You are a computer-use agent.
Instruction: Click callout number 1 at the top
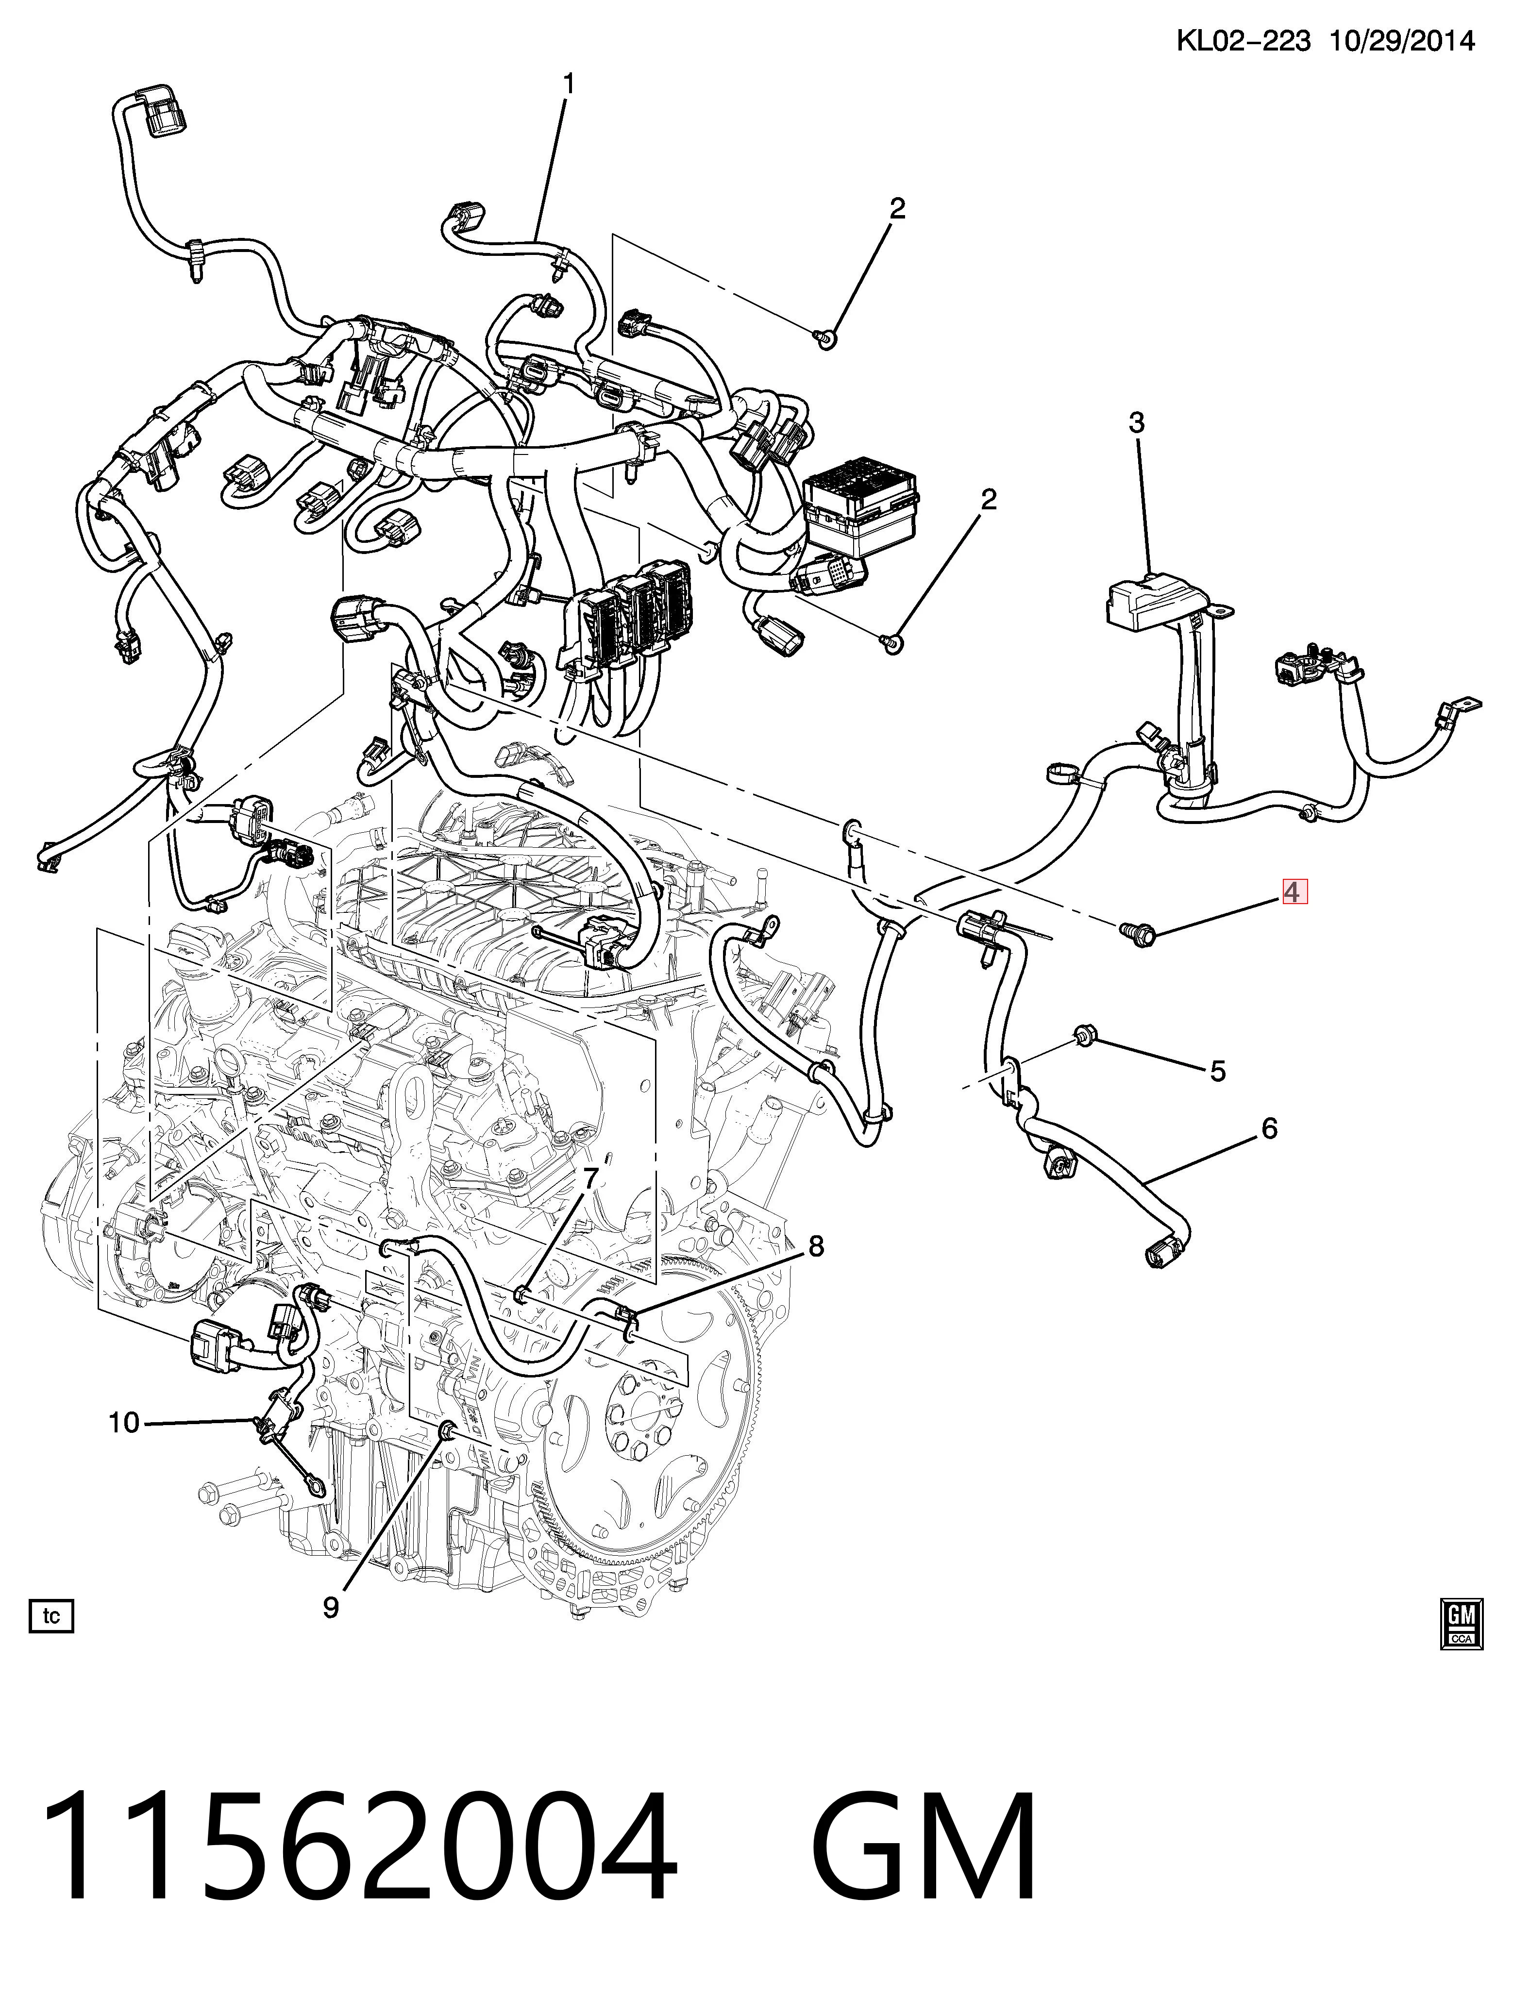(x=569, y=85)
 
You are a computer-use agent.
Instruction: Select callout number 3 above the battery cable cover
(x=1136, y=423)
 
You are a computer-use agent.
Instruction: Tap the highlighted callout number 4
(x=1294, y=891)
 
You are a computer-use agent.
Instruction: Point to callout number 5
(x=1218, y=1072)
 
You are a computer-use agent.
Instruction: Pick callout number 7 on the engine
(x=590, y=1178)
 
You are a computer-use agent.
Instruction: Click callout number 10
(x=124, y=1422)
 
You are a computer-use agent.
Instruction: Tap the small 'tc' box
(x=51, y=1616)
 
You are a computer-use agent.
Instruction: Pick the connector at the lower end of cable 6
(x=1159, y=1253)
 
